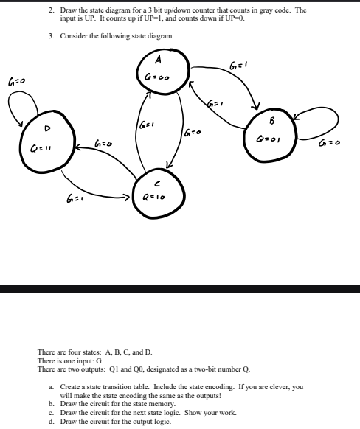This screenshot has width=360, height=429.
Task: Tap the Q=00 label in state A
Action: (x=156, y=74)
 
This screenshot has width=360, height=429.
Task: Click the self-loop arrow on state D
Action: (x=18, y=108)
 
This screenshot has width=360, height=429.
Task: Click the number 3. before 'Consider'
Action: (x=52, y=36)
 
